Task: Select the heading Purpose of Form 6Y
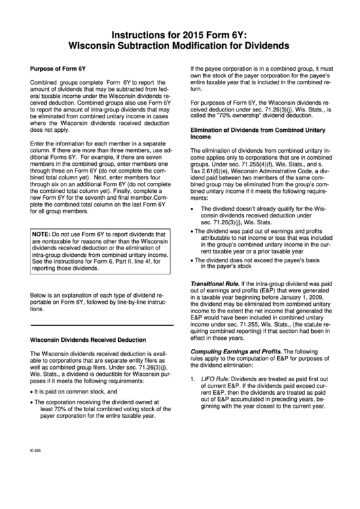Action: [x=57, y=69]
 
